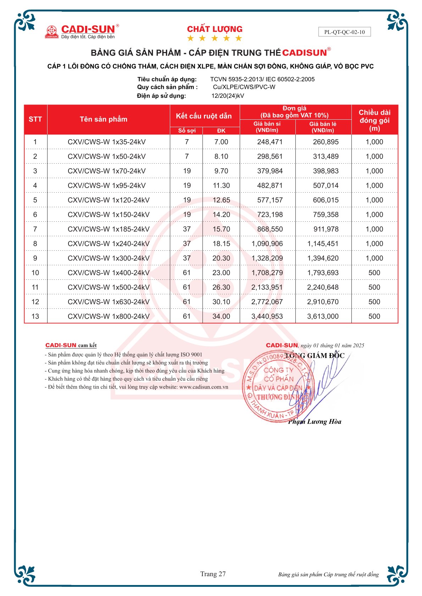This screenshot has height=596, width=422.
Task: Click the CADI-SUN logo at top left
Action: [x=81, y=32]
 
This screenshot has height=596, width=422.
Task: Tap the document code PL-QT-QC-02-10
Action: [x=344, y=32]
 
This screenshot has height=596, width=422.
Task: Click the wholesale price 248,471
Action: [x=270, y=142]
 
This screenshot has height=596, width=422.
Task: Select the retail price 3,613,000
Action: [x=323, y=316]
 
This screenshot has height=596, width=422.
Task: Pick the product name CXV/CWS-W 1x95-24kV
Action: [x=106, y=186]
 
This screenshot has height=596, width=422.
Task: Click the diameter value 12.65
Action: [x=221, y=200]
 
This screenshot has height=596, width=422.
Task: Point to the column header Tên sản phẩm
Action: [x=103, y=119]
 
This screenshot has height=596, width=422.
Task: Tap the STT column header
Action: [x=35, y=119]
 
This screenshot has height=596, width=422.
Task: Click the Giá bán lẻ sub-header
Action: [x=323, y=127]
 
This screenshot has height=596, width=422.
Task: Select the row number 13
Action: [x=35, y=316]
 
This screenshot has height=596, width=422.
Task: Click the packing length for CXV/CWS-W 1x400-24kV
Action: [x=374, y=273]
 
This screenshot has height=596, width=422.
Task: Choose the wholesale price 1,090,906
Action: [x=267, y=244]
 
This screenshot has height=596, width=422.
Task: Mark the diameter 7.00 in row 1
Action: [x=221, y=142]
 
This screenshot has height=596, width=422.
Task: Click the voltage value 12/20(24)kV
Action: [x=228, y=96]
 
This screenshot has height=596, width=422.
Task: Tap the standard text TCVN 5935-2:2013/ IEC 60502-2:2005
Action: [x=262, y=79]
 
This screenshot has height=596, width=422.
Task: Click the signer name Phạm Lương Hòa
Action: [x=315, y=421]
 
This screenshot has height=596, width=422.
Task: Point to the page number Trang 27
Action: [x=213, y=574]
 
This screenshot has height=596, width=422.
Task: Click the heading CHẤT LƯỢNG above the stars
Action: [x=215, y=29]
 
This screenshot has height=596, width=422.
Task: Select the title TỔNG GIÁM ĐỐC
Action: [x=315, y=356]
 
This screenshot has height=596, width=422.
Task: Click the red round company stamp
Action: [x=278, y=386]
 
